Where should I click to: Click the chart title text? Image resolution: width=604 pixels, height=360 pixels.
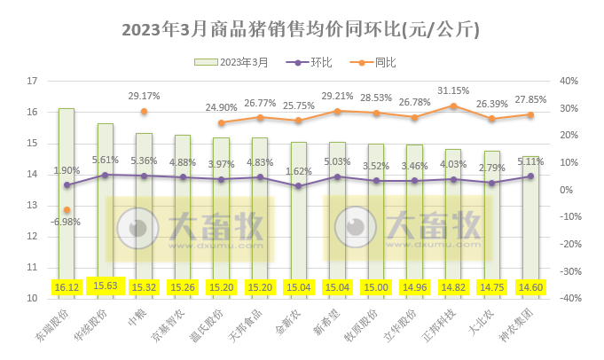[301, 29]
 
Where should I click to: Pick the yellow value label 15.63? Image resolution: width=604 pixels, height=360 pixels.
[106, 286]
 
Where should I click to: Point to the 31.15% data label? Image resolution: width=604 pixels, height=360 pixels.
[453, 90]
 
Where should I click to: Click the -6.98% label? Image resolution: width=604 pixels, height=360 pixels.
[67, 222]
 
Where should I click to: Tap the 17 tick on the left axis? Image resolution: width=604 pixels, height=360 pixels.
[33, 81]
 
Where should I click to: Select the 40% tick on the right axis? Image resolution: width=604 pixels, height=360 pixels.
[569, 81]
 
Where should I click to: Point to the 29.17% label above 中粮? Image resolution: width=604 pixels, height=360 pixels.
[144, 96]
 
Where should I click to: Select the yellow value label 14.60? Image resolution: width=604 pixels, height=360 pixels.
[530, 286]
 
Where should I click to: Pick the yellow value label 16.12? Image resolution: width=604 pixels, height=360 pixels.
[67, 286]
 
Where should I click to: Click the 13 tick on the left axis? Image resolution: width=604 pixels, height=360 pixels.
[33, 205]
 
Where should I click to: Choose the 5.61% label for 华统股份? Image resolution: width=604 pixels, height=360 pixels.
[106, 160]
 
